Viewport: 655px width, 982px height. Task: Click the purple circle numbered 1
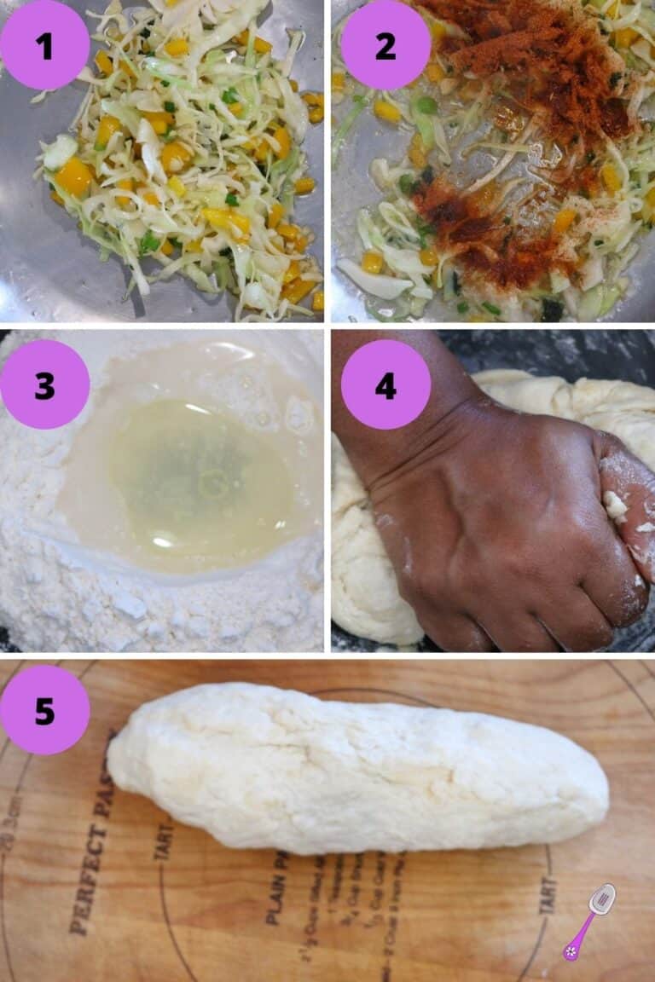44,44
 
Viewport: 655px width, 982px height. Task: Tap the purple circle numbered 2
385,44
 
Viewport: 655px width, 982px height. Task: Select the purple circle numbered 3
44,384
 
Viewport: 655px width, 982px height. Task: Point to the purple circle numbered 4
385,384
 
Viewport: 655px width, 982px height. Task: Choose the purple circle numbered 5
44,710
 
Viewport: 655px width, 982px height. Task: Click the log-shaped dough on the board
358,767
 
